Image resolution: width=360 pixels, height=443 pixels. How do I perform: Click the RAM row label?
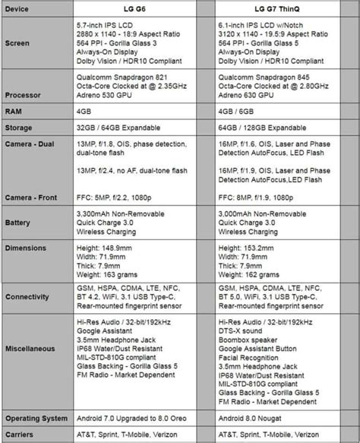click(x=13, y=112)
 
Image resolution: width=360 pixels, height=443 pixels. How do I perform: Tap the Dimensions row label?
click(x=25, y=248)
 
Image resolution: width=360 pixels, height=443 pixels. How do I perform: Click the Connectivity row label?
click(x=28, y=296)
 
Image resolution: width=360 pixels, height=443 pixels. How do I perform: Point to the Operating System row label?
click(x=36, y=418)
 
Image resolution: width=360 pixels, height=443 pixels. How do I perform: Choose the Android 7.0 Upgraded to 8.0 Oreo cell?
click(x=134, y=419)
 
